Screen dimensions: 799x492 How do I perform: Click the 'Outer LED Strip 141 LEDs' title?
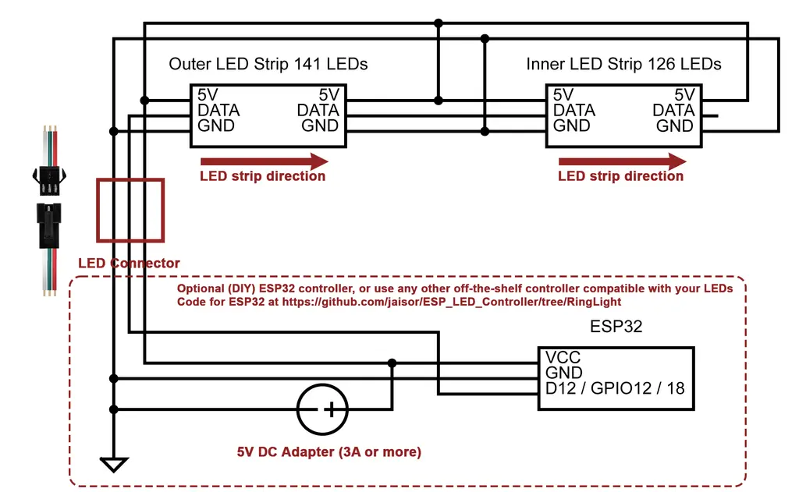click(x=268, y=64)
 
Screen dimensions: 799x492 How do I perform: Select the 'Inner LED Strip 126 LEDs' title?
click(x=623, y=64)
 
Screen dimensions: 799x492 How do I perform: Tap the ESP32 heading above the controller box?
click(x=616, y=327)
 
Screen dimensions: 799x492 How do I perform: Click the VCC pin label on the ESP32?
click(x=563, y=358)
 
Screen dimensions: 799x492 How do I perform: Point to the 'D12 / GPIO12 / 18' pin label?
click(x=615, y=388)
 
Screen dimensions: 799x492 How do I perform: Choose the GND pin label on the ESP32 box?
click(x=563, y=373)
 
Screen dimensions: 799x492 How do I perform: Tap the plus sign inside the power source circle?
click(x=331, y=409)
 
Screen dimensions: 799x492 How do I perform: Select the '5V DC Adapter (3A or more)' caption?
click(x=329, y=451)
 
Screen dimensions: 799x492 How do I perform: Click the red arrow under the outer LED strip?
click(x=265, y=162)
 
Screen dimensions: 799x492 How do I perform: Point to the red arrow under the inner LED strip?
click(x=622, y=162)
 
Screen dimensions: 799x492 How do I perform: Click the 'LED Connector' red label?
click(x=129, y=264)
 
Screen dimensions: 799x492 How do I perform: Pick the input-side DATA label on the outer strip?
click(x=218, y=111)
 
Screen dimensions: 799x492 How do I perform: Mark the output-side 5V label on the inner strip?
click(x=684, y=95)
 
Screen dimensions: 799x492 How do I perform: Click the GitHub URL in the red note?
click(x=452, y=302)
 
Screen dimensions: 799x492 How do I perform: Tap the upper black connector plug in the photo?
click(x=49, y=179)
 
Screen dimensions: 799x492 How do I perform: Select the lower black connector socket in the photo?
click(x=49, y=225)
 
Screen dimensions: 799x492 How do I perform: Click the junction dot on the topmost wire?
click(x=439, y=23)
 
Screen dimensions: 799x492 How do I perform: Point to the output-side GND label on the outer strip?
click(x=319, y=126)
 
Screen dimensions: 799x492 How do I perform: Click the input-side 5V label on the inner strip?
click(x=563, y=95)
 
